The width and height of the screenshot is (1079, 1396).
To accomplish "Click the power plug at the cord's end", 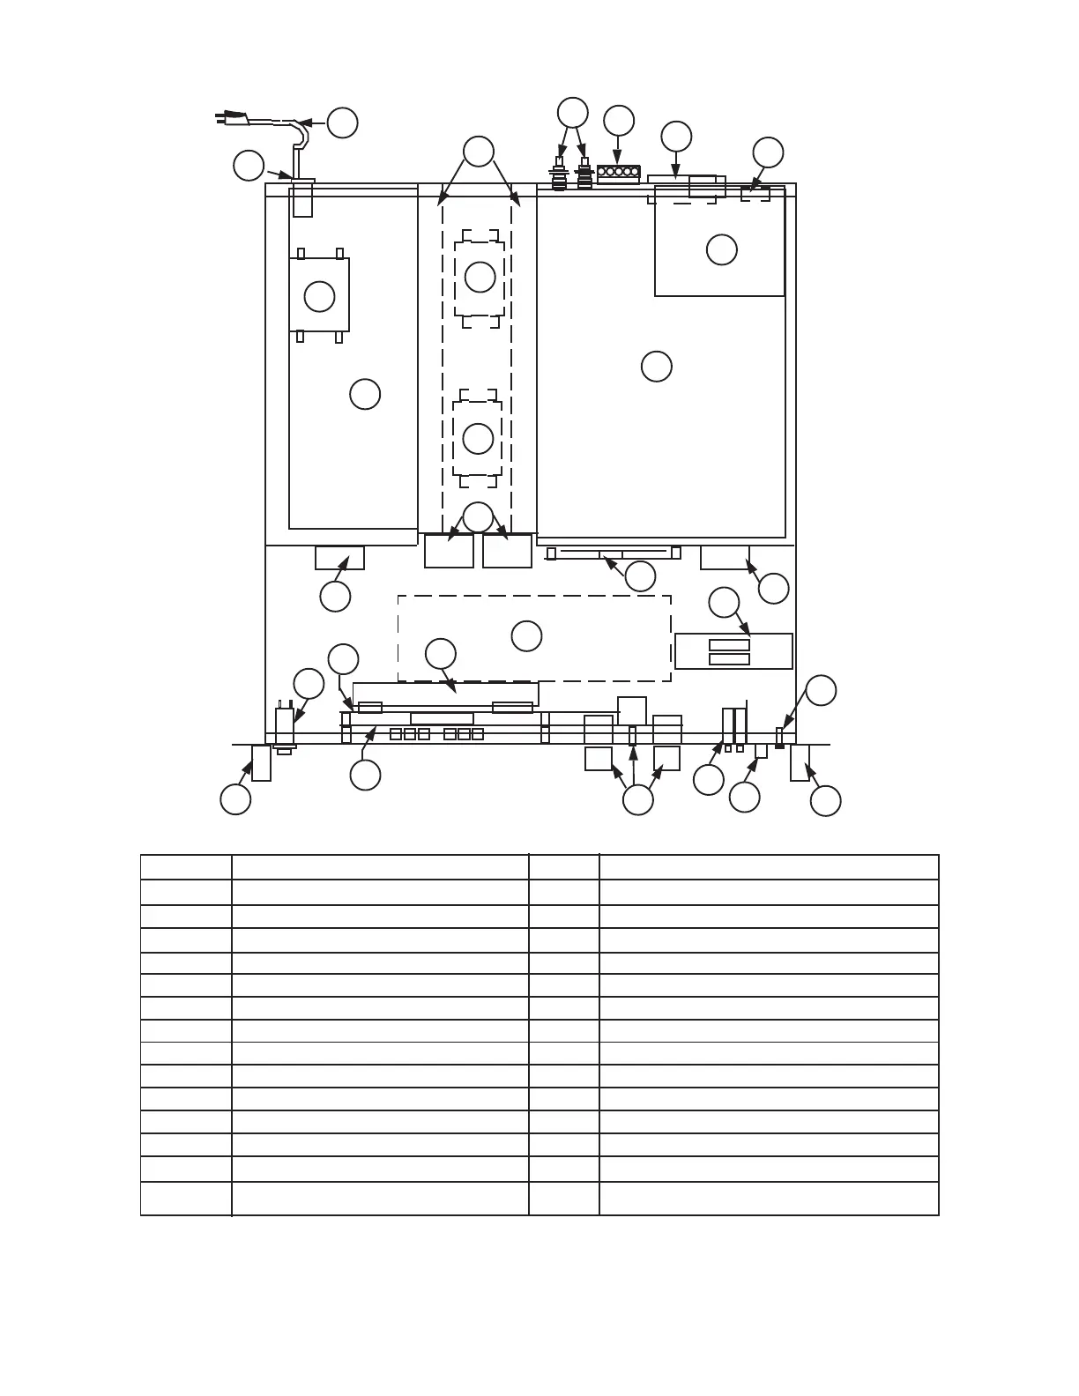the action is [x=231, y=115].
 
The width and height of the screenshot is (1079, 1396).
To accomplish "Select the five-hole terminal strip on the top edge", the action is [x=618, y=172].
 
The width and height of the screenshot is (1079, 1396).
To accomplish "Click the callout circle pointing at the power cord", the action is [x=342, y=123].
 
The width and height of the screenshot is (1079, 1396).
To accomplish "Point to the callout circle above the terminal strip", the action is [x=619, y=121].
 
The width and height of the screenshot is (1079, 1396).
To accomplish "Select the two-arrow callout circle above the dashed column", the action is [x=479, y=151].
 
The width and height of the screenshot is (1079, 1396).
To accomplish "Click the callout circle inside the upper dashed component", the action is [x=480, y=277].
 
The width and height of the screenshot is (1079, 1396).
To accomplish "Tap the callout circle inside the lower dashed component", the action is [x=478, y=438].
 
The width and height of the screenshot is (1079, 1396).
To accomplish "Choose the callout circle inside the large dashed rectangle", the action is [x=526, y=635].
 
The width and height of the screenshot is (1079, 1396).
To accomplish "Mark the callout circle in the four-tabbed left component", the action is [x=319, y=296].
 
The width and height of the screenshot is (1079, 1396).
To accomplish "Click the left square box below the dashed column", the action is [x=449, y=551].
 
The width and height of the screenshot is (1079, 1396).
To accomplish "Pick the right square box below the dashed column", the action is [x=507, y=551].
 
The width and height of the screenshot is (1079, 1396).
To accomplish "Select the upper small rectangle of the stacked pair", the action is [x=729, y=645].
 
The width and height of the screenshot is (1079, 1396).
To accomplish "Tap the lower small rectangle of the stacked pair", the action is [x=729, y=659].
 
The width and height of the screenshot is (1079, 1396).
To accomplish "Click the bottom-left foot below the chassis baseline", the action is [x=261, y=762].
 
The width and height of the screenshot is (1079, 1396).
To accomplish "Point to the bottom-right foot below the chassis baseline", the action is [x=800, y=762].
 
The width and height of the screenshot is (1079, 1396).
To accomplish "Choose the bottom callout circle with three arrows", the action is [x=637, y=800].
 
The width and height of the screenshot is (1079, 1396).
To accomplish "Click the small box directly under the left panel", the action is [x=339, y=558].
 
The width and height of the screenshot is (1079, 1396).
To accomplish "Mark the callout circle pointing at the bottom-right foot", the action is [x=825, y=801].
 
